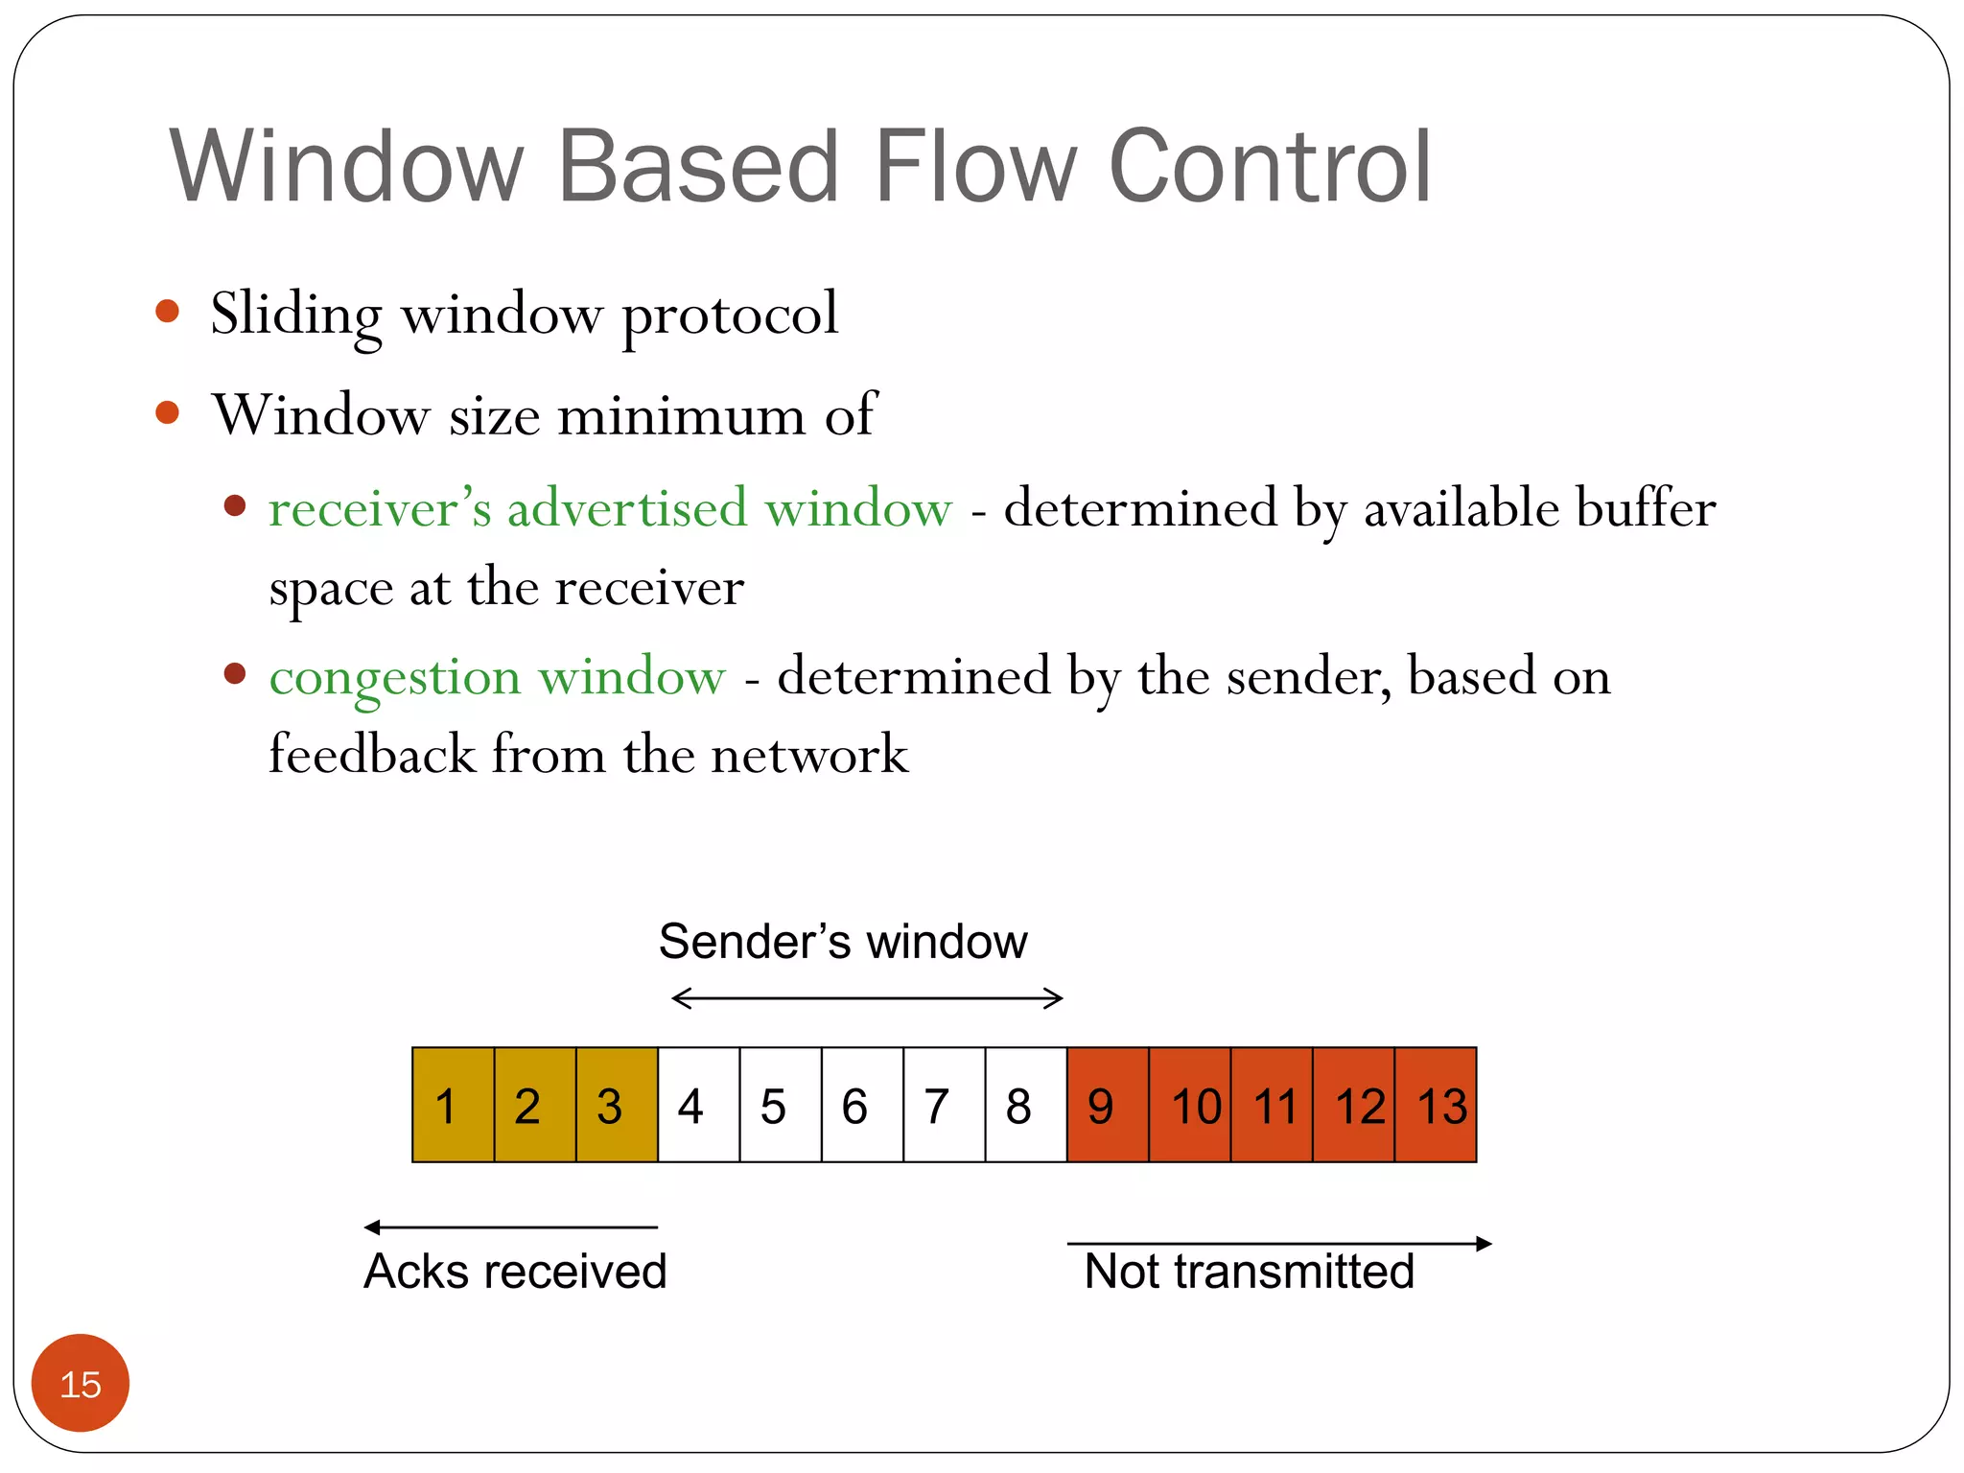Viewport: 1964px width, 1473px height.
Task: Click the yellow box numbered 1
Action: (x=453, y=1105)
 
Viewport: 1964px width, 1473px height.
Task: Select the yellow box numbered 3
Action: (x=617, y=1105)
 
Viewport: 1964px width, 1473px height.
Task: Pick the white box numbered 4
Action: (x=698, y=1105)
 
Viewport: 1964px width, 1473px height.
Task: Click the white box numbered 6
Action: (x=861, y=1105)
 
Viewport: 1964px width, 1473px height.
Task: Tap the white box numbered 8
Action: (x=1025, y=1105)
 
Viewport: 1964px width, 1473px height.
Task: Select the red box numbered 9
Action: (x=1107, y=1105)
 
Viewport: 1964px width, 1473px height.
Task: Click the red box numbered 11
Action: (x=1271, y=1105)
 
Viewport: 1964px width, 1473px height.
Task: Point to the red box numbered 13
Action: (x=1435, y=1105)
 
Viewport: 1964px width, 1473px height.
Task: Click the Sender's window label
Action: (x=842, y=942)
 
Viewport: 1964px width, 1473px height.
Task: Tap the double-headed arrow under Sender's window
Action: (x=867, y=998)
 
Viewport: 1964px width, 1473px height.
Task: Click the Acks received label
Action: (x=515, y=1272)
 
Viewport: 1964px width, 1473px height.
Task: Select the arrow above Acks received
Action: (x=510, y=1227)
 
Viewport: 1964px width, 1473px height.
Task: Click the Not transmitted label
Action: (x=1249, y=1272)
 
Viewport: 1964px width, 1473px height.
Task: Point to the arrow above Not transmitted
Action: (x=1279, y=1244)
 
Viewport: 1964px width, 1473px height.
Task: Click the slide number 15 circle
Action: (x=81, y=1383)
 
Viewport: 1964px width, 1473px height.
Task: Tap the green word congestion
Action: (x=395, y=677)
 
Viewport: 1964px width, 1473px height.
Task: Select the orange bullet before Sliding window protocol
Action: (x=168, y=311)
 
